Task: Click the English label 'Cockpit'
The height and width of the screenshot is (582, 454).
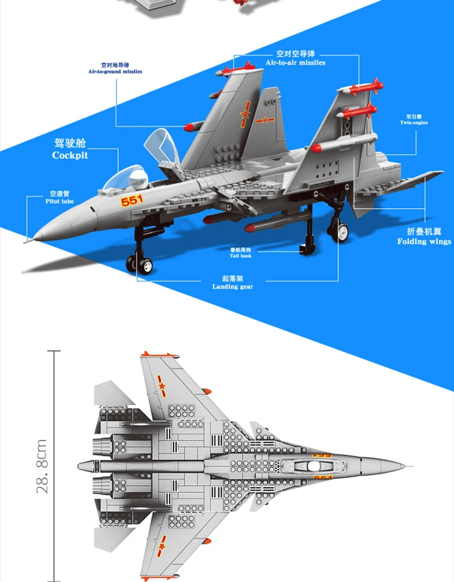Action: [x=70, y=155]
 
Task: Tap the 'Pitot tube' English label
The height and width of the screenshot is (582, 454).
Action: [x=59, y=201]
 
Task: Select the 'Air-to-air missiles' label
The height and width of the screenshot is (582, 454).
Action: [x=295, y=63]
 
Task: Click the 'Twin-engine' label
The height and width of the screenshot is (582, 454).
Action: [x=414, y=123]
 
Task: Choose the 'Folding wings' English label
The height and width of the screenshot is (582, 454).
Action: [x=424, y=242]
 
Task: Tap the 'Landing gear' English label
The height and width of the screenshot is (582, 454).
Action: [x=232, y=287]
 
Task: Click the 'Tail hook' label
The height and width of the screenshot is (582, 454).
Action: [x=240, y=256]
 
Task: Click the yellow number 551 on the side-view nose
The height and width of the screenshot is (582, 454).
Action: [x=132, y=201]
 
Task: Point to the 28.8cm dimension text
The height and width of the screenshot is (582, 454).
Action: [x=42, y=465]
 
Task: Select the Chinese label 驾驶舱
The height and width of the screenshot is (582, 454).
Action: [x=70, y=143]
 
